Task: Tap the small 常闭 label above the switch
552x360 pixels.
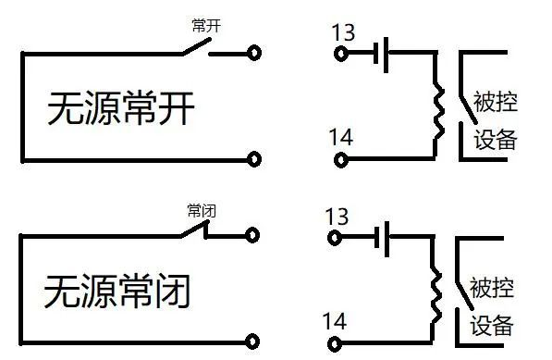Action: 200,211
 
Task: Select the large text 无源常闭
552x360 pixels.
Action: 117,292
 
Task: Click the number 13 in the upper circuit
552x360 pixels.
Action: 343,33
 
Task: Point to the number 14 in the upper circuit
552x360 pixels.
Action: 340,138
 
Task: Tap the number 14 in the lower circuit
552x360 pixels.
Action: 335,321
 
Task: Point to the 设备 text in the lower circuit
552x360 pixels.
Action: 491,325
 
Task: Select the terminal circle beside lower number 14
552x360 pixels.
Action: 337,342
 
